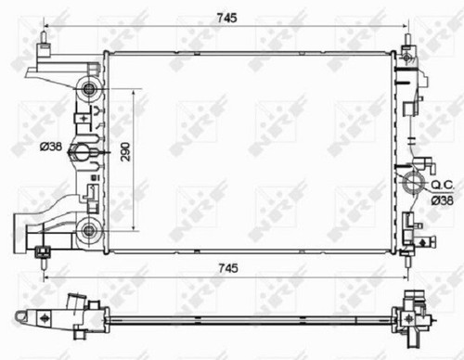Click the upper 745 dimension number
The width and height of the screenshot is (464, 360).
[x=226, y=18]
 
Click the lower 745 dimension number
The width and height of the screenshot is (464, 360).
[x=228, y=268]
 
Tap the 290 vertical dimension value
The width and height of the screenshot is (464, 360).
[x=125, y=151]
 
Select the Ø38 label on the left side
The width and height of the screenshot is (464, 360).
[x=51, y=147]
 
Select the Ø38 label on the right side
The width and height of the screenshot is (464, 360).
[x=443, y=200]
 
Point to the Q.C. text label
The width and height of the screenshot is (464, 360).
[x=443, y=186]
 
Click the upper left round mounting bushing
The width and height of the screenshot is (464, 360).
[x=89, y=89]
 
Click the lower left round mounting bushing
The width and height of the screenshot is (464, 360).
[x=89, y=229]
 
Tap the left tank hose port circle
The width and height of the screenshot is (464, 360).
[x=82, y=152]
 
